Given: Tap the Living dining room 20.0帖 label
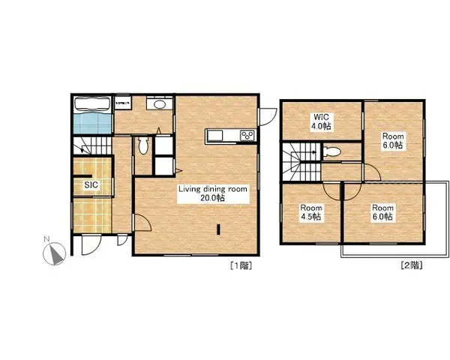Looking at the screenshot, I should pyautogui.click(x=212, y=193).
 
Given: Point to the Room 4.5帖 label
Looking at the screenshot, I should pyautogui.click(x=310, y=211).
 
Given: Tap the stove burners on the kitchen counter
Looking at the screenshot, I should pyautogui.click(x=247, y=135).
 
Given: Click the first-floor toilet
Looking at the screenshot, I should pyautogui.click(x=143, y=145).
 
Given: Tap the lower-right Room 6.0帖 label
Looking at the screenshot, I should pyautogui.click(x=383, y=211).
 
